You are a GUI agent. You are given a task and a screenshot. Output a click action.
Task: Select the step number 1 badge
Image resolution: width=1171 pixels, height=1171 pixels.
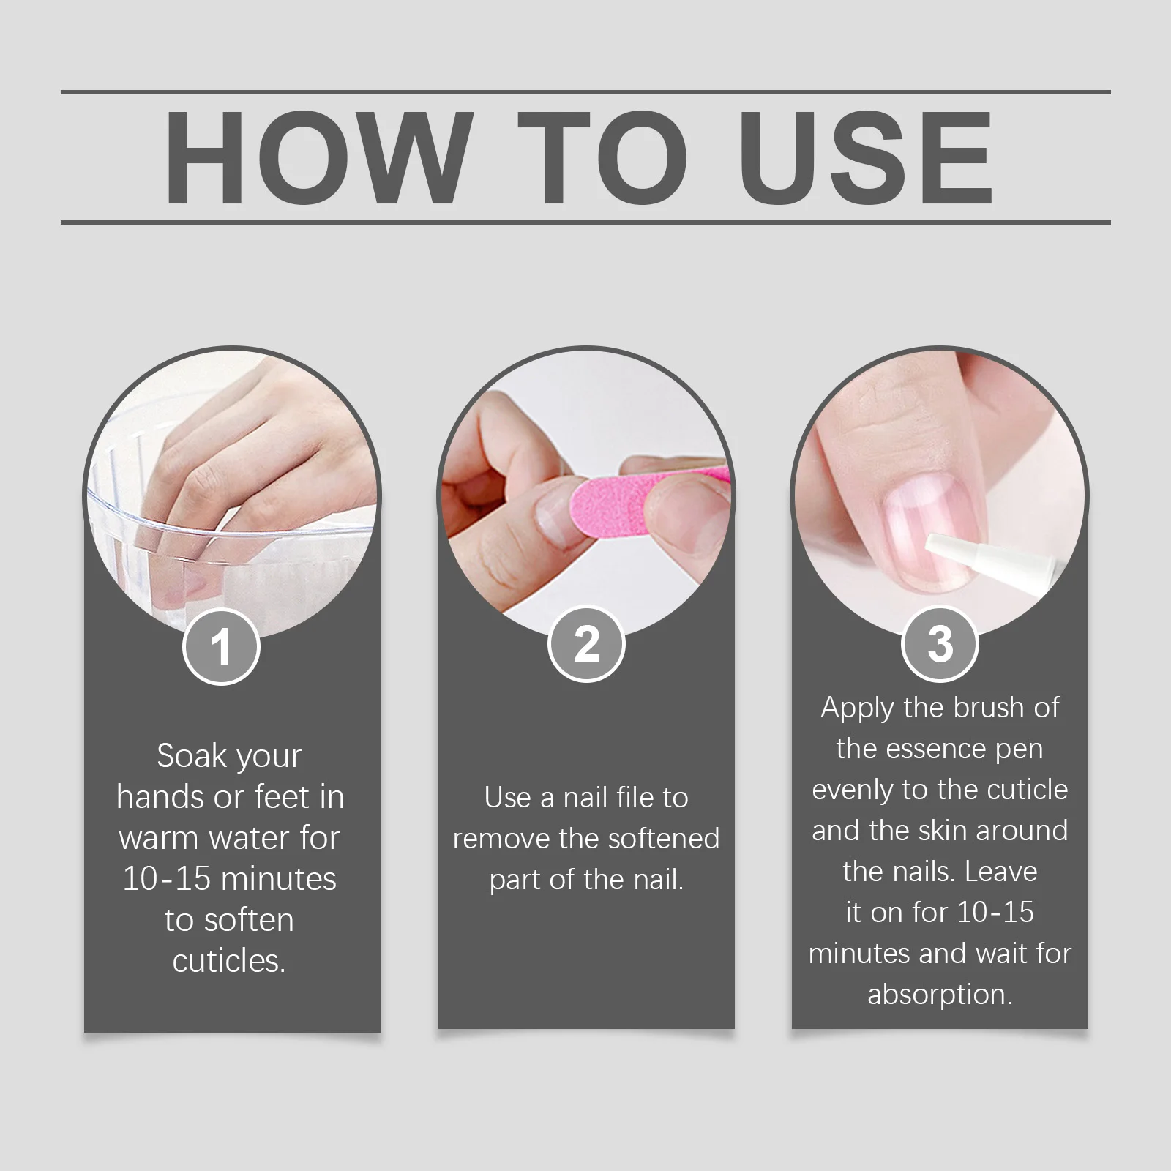point(221,646)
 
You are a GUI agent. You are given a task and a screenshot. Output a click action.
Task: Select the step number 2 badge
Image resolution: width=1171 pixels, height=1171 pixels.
point(586,644)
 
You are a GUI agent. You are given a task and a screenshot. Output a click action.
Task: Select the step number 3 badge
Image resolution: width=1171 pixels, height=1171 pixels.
point(940,644)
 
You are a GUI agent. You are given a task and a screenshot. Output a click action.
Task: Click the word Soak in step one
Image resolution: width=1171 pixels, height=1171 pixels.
point(192,756)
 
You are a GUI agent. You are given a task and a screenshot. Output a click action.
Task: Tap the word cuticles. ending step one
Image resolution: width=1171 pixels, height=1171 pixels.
point(229,961)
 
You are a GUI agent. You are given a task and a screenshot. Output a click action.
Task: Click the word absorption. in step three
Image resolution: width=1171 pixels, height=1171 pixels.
point(940,995)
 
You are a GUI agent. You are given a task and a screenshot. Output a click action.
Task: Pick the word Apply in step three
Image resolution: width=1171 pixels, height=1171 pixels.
point(858,708)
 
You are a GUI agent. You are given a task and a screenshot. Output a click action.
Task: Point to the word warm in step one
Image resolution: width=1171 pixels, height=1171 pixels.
point(157,838)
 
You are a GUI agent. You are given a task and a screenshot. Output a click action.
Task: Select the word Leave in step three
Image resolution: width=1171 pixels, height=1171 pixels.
point(1000,872)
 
